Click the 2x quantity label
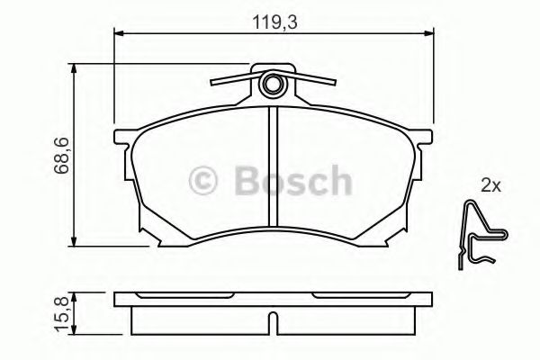[490, 186]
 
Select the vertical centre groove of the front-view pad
[272, 166]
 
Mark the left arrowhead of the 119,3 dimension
[118, 35]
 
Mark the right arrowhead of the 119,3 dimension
[429, 35]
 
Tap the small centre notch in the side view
[272, 320]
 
